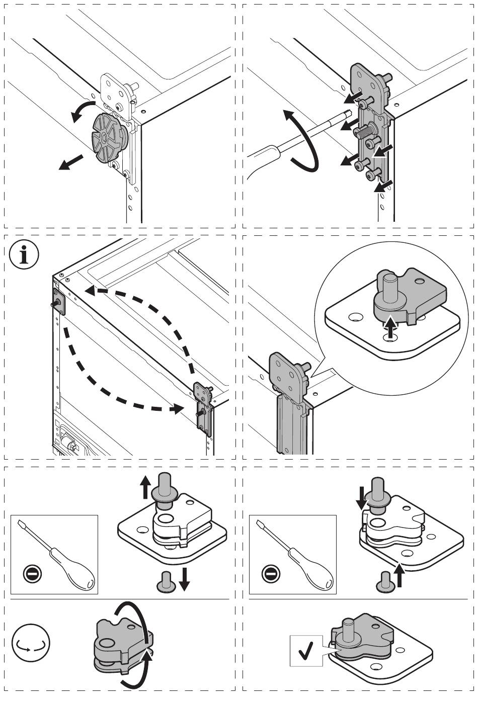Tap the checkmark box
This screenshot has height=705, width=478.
click(306, 651)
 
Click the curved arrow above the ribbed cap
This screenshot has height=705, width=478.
click(82, 109)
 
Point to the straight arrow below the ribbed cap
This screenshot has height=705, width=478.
click(70, 162)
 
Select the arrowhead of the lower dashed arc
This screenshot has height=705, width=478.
click(176, 409)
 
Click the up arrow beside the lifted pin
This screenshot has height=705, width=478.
click(145, 487)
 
